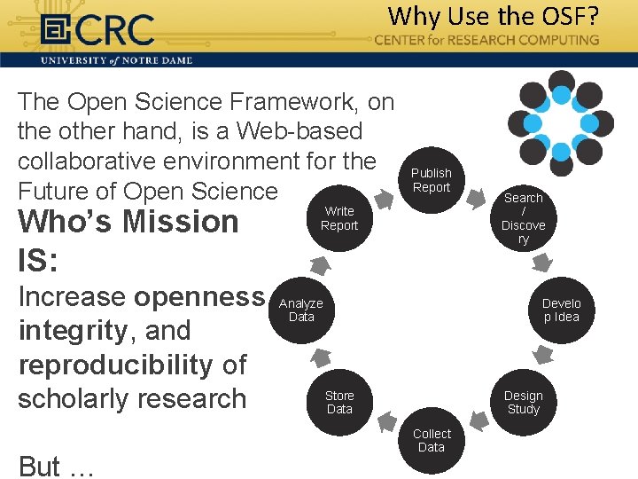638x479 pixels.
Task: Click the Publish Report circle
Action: [432, 180]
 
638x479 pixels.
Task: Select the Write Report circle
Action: [339, 218]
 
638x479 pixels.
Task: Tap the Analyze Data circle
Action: [301, 310]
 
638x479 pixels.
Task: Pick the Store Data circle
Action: [339, 403]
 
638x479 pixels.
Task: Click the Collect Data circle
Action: [432, 441]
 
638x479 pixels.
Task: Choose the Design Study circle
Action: [523, 403]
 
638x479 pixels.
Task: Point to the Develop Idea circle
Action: [561, 310]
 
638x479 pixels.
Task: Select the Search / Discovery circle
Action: [523, 218]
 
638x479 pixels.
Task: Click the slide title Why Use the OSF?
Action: [493, 16]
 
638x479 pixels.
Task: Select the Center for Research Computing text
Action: [486, 40]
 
